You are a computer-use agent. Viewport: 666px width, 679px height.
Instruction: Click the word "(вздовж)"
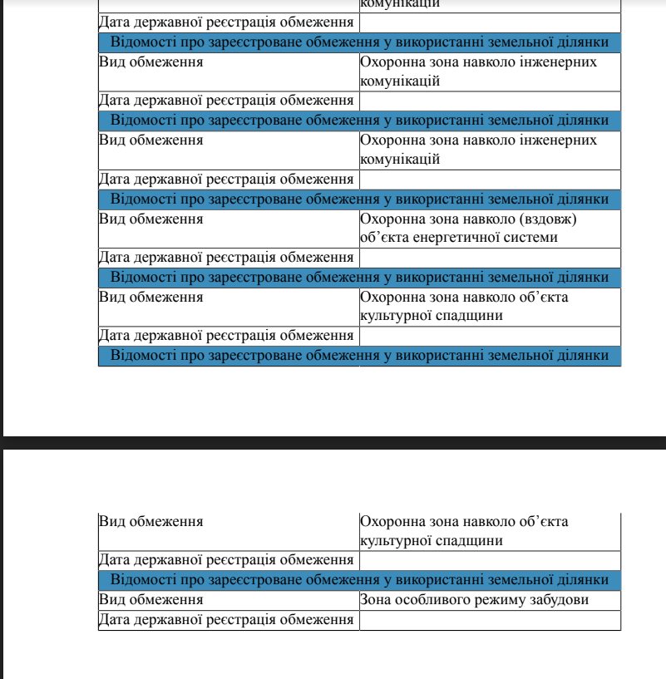(x=548, y=219)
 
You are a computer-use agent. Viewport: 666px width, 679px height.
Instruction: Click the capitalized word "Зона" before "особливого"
(x=375, y=599)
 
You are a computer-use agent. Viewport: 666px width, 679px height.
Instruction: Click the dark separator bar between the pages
(x=333, y=443)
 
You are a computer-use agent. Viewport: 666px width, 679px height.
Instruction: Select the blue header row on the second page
(x=359, y=579)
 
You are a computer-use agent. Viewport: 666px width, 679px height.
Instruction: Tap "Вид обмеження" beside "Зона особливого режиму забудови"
(x=151, y=599)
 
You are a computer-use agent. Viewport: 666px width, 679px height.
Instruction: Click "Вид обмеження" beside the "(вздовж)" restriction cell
(x=151, y=219)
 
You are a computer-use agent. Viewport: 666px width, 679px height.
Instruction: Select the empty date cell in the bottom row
(x=490, y=620)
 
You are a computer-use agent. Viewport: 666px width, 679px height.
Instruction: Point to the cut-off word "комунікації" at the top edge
(x=400, y=4)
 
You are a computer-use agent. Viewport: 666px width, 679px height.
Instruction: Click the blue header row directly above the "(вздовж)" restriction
(x=359, y=199)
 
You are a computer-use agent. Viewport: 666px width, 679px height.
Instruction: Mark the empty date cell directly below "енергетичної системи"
(x=490, y=258)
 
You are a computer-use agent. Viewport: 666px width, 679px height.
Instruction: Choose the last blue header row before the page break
(x=359, y=356)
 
